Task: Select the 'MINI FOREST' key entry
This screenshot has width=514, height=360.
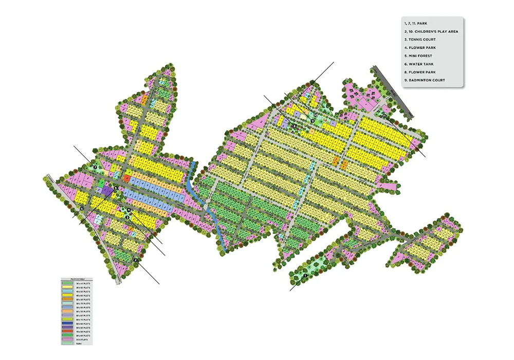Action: coord(418,56)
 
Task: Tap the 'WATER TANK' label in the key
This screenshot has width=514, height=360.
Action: coord(419,64)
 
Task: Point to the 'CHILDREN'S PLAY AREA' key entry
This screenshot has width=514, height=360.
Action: coord(430,31)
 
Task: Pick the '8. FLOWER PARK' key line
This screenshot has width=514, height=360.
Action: coord(421,72)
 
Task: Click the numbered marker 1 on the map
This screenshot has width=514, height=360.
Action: coord(305,276)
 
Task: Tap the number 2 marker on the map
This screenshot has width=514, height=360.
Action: coord(135,260)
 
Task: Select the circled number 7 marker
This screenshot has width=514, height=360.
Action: coord(95,168)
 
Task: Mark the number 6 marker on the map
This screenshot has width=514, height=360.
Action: coord(82,208)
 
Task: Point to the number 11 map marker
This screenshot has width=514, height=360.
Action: coord(384,116)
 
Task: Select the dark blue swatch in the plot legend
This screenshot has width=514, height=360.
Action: coord(67,323)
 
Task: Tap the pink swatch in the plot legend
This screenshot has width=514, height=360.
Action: coord(67,339)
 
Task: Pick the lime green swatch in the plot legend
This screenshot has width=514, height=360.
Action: coord(67,319)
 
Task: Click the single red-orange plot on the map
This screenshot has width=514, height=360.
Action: coord(126,178)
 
